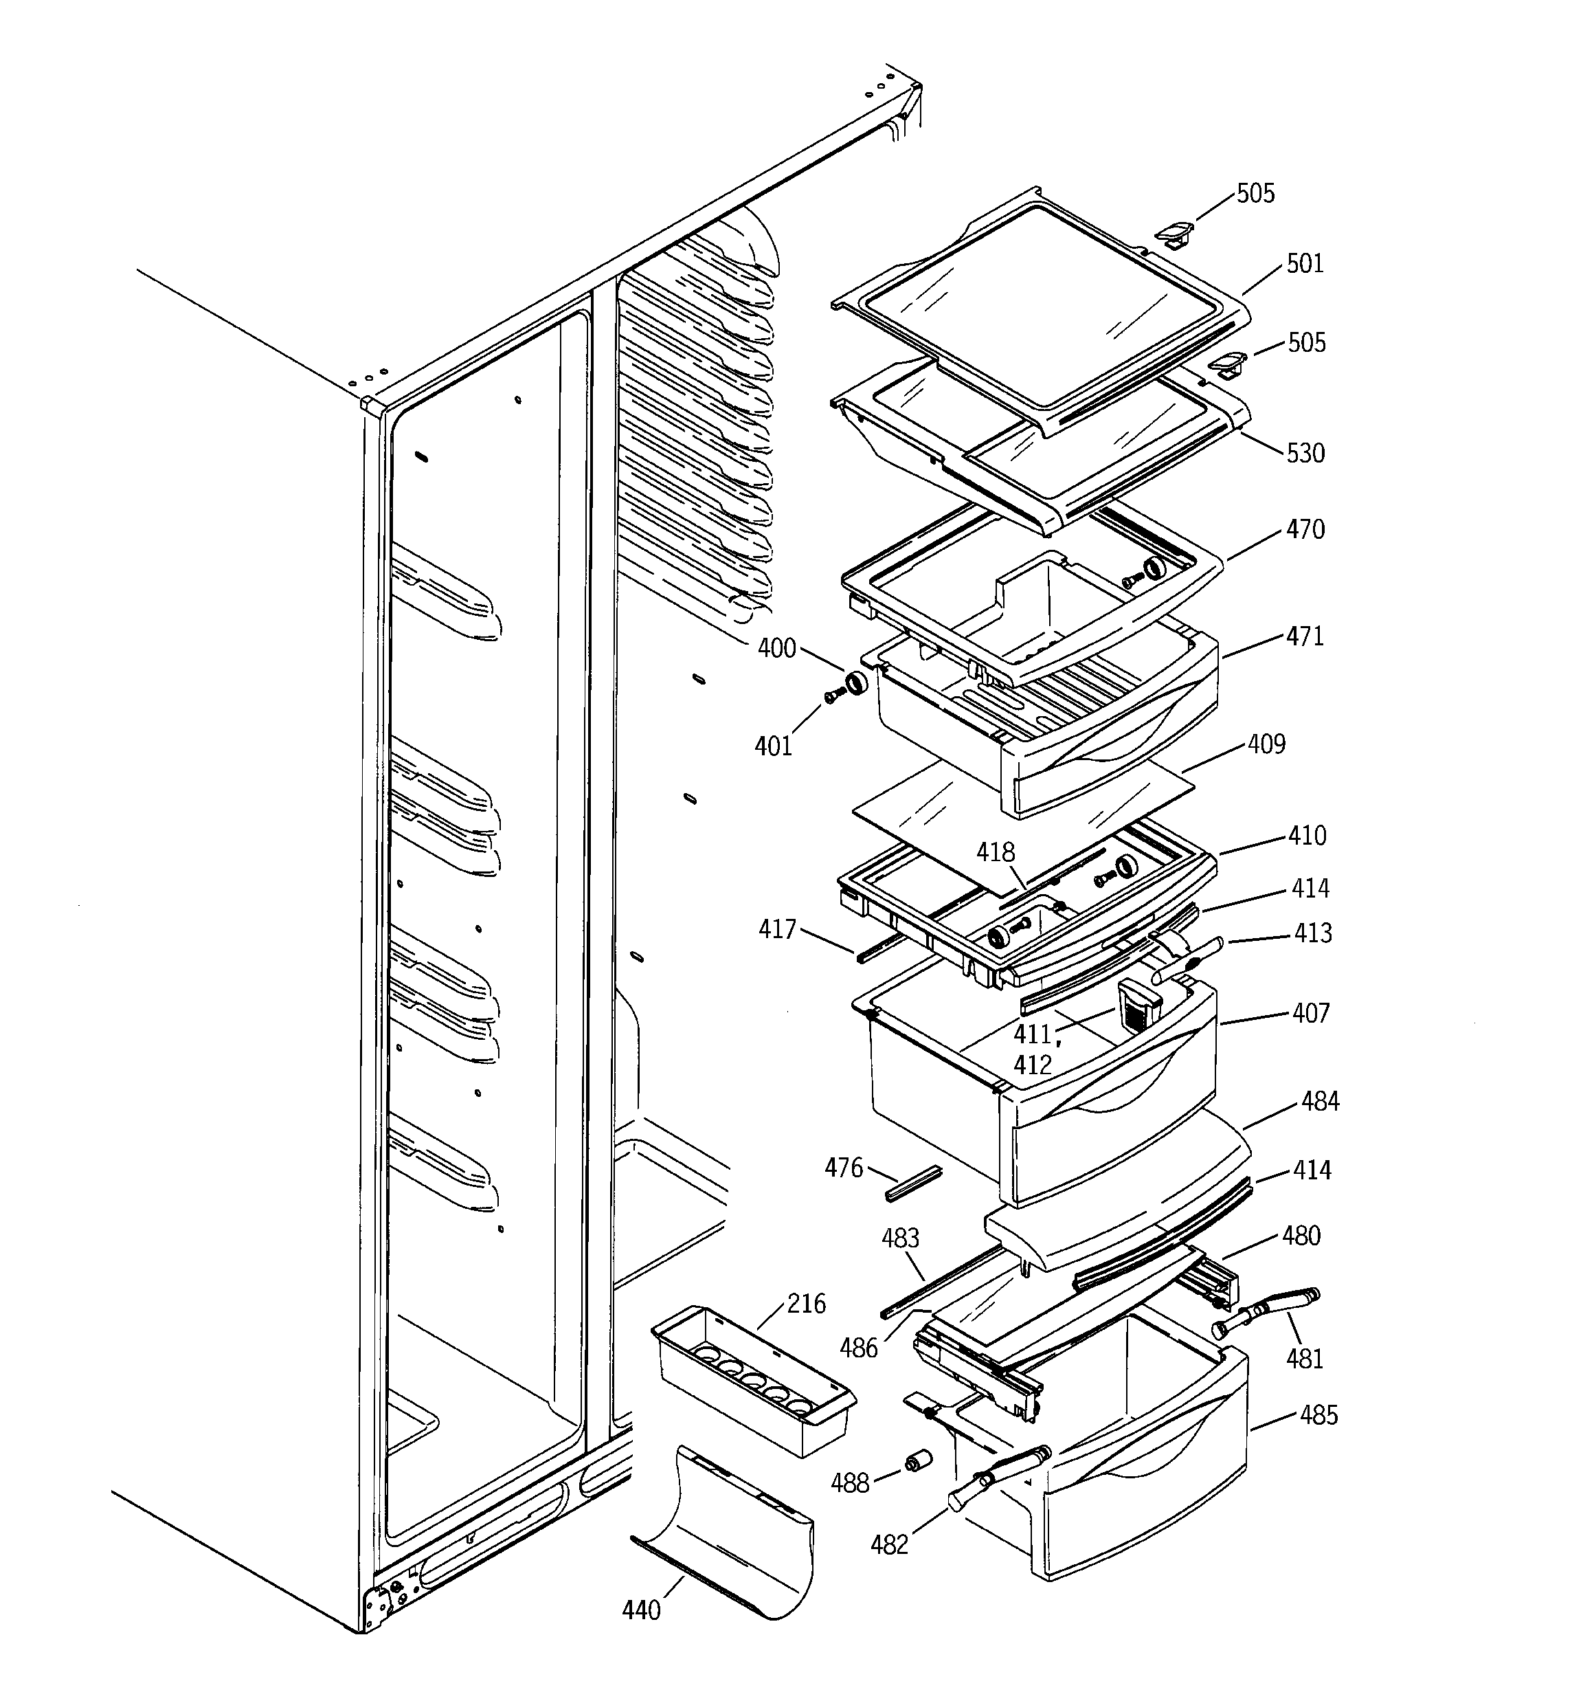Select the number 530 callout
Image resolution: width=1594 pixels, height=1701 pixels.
(1305, 453)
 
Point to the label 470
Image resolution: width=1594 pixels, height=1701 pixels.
(1305, 530)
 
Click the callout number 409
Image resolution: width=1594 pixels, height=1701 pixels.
(1266, 744)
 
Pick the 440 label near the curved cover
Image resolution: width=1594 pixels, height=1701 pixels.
(642, 1610)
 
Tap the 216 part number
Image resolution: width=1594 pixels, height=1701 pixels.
(806, 1304)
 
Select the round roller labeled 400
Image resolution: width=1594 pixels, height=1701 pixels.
(855, 684)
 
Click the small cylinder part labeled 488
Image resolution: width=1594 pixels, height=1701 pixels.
(921, 1461)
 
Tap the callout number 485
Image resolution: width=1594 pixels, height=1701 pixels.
(1318, 1415)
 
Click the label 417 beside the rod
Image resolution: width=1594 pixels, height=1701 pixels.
(777, 929)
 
